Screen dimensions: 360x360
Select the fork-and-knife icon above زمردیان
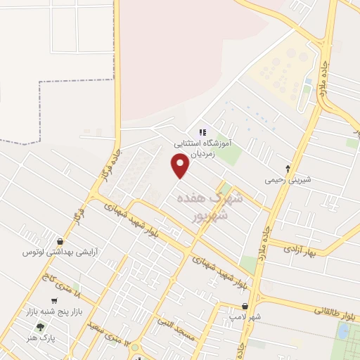[x=202, y=131]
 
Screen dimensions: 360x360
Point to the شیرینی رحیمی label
[x=287, y=179]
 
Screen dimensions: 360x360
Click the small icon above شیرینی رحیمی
[x=288, y=168]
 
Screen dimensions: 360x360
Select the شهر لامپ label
[x=245, y=318]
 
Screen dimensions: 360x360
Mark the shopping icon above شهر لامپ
[x=245, y=307]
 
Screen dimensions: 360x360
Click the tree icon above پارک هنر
[x=39, y=327]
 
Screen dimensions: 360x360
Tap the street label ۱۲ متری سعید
[x=109, y=330]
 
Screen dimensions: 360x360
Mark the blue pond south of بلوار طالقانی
[x=344, y=332]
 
